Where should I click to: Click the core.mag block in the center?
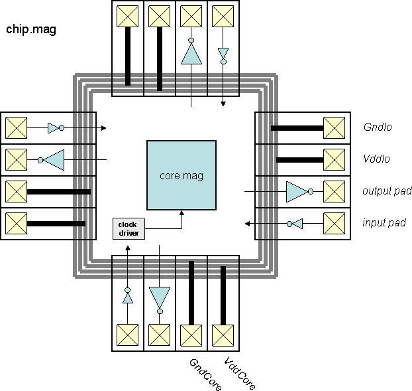point(181,175)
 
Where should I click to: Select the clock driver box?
point(128,228)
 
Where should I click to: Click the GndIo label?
point(378,127)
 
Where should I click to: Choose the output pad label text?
point(386,191)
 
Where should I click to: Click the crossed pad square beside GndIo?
point(334,127)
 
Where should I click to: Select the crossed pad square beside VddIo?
point(334,159)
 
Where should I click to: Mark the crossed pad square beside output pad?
point(334,191)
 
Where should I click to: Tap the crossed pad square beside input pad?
point(334,224)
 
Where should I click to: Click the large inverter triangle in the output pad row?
point(296,191)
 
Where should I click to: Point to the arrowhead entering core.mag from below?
point(181,213)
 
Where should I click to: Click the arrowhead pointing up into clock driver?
point(128,248)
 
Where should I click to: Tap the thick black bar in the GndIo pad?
point(295,127)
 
